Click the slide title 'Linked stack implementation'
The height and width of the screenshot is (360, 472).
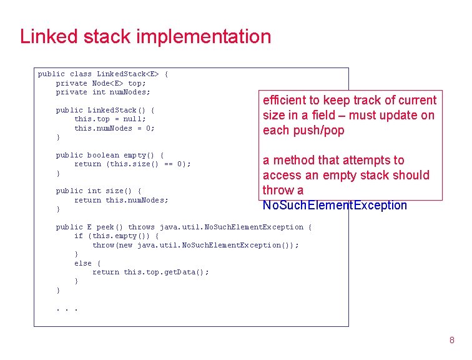pos(145,36)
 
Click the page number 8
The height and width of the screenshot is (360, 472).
pos(451,341)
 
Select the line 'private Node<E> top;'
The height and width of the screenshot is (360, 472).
pos(101,83)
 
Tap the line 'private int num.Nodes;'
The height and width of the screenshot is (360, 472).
pos(103,92)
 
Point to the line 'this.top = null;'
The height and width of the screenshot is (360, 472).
pos(110,119)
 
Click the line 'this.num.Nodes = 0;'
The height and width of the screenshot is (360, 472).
pos(114,128)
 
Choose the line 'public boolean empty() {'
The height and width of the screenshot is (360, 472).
pos(110,155)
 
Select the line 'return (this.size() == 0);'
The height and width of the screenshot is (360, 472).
pos(132,164)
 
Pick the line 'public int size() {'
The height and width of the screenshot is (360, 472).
pos(99,191)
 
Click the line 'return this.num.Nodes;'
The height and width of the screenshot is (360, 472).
pos(121,200)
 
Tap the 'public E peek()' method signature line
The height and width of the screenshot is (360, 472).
pos(184,227)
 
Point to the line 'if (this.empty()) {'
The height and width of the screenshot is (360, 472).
pos(116,236)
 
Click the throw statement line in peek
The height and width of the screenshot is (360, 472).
pos(195,245)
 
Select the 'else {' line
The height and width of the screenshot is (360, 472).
pos(87,263)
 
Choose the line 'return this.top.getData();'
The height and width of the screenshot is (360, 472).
pos(150,272)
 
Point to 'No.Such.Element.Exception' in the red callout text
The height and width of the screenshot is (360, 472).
pos(335,205)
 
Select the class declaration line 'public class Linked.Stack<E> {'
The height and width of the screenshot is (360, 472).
pos(103,74)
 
